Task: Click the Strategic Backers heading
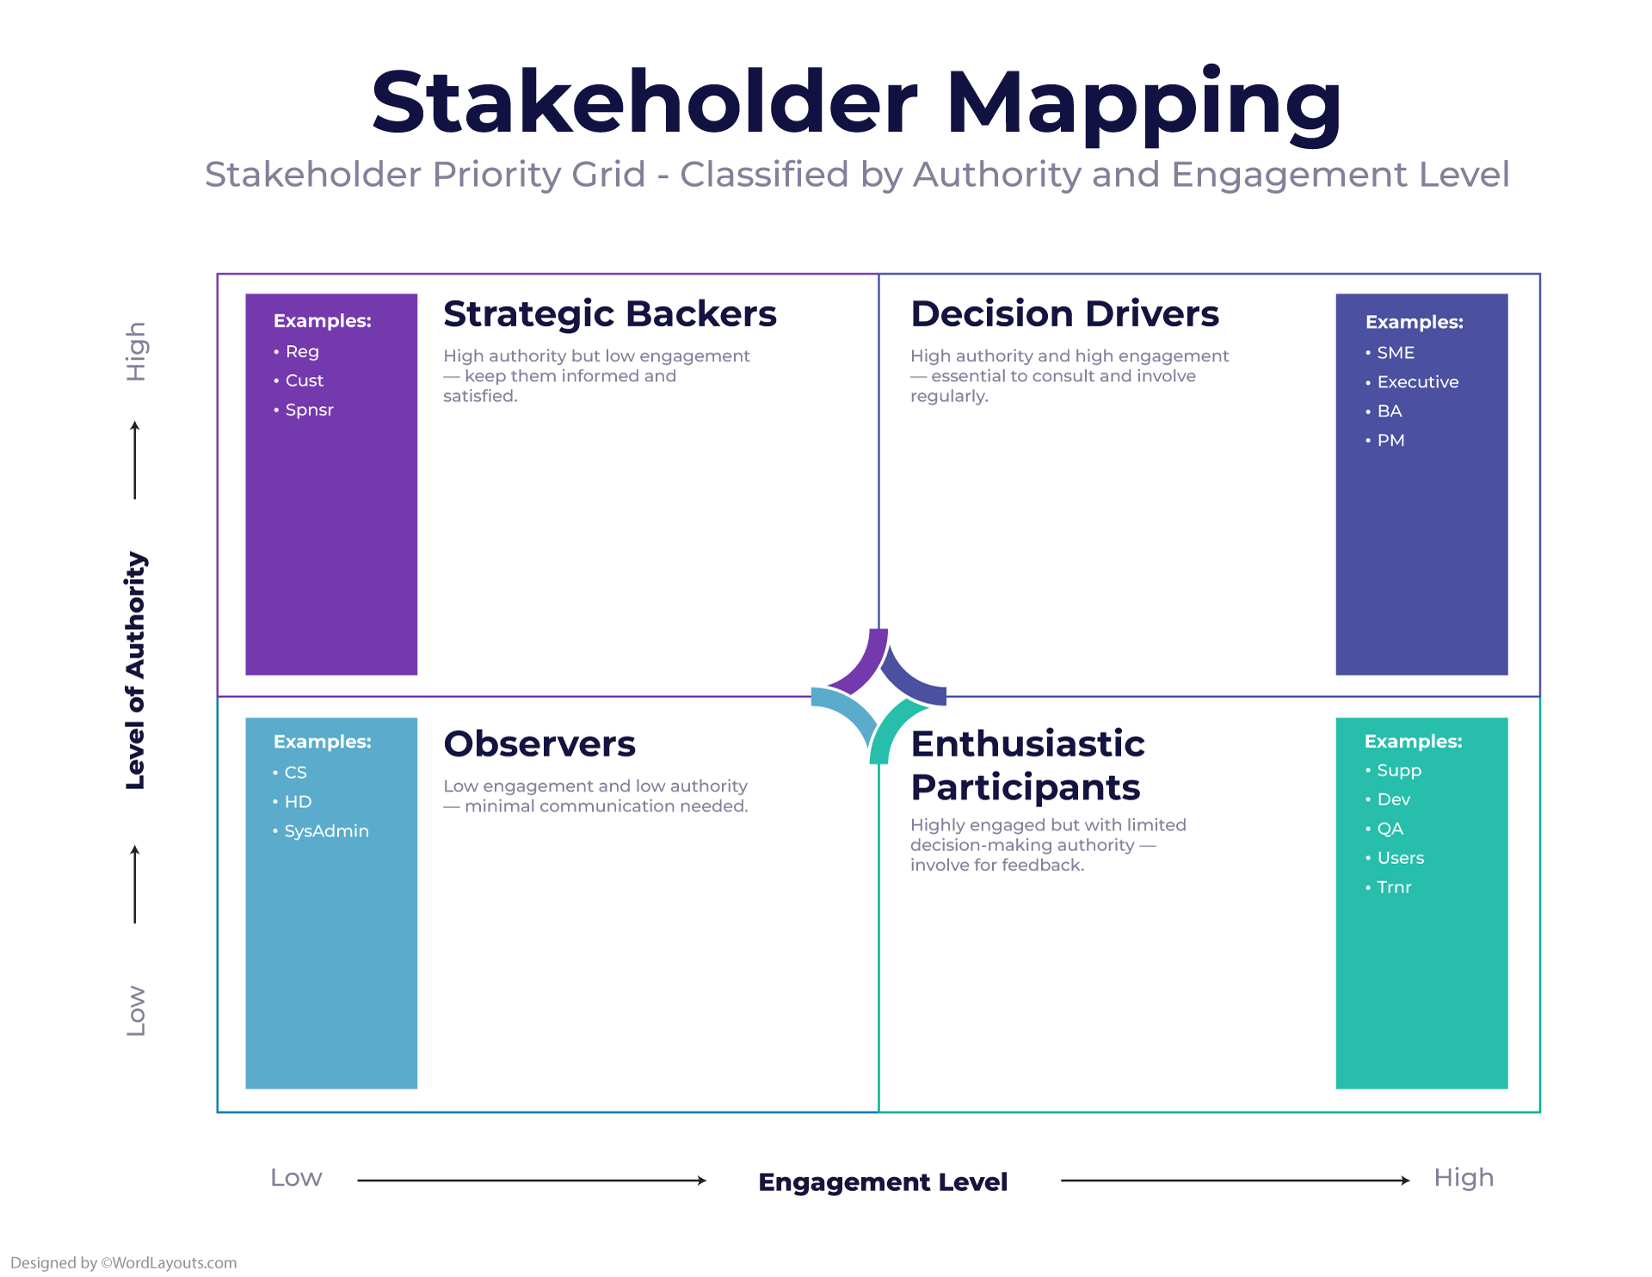tap(609, 314)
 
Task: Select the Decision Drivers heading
tap(1064, 314)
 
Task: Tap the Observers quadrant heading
tap(539, 744)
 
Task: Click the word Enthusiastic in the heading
tap(1027, 744)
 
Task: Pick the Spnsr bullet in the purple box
tap(309, 410)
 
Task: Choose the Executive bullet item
tap(1417, 382)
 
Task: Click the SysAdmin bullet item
tap(326, 831)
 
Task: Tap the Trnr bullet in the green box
tap(1394, 887)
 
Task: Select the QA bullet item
tap(1390, 829)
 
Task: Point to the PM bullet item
tap(1390, 441)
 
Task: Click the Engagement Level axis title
tap(883, 1182)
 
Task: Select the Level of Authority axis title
tap(136, 670)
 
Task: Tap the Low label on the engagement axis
tap(296, 1178)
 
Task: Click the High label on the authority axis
tap(136, 351)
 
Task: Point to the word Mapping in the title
tap(1143, 103)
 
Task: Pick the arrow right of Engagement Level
tap(1235, 1181)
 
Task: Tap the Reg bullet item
tap(302, 352)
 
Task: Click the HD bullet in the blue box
tap(298, 802)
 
